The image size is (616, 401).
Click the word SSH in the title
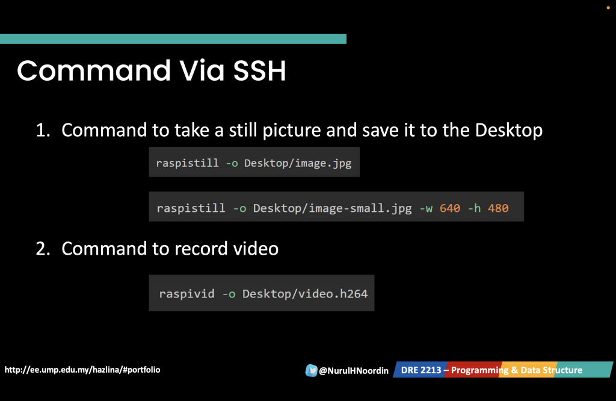[260, 71]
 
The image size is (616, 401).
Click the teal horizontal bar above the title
[173, 39]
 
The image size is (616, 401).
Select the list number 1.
[43, 130]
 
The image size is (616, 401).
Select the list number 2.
[43, 249]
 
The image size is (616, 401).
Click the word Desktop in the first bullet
[509, 131]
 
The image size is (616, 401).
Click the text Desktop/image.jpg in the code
[298, 163]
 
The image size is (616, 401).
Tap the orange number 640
[450, 208]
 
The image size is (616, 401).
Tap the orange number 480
[498, 208]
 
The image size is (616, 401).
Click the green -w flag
[427, 208]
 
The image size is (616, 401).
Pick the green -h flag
[474, 208]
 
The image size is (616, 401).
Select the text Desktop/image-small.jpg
[332, 208]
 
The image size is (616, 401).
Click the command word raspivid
[186, 294]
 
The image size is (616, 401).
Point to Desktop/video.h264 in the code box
[305, 294]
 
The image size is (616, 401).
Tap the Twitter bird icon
[311, 370]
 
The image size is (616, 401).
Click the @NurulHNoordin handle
[354, 371]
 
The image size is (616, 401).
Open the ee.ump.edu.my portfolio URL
[82, 370]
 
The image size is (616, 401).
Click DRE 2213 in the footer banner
[421, 370]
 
